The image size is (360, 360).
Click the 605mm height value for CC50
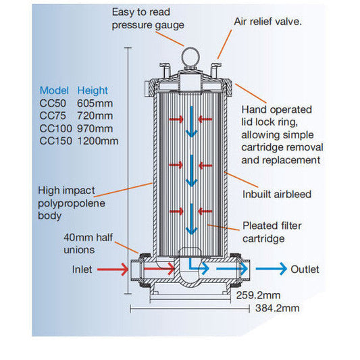pos(95,103)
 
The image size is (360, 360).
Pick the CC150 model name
pos(55,140)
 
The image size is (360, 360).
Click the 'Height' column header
pos(92,91)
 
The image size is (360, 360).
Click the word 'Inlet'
pos(82,269)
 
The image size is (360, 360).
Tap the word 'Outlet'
pos(305,269)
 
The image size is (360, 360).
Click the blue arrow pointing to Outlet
pos(271,269)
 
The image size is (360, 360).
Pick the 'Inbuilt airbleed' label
pos(277,195)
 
